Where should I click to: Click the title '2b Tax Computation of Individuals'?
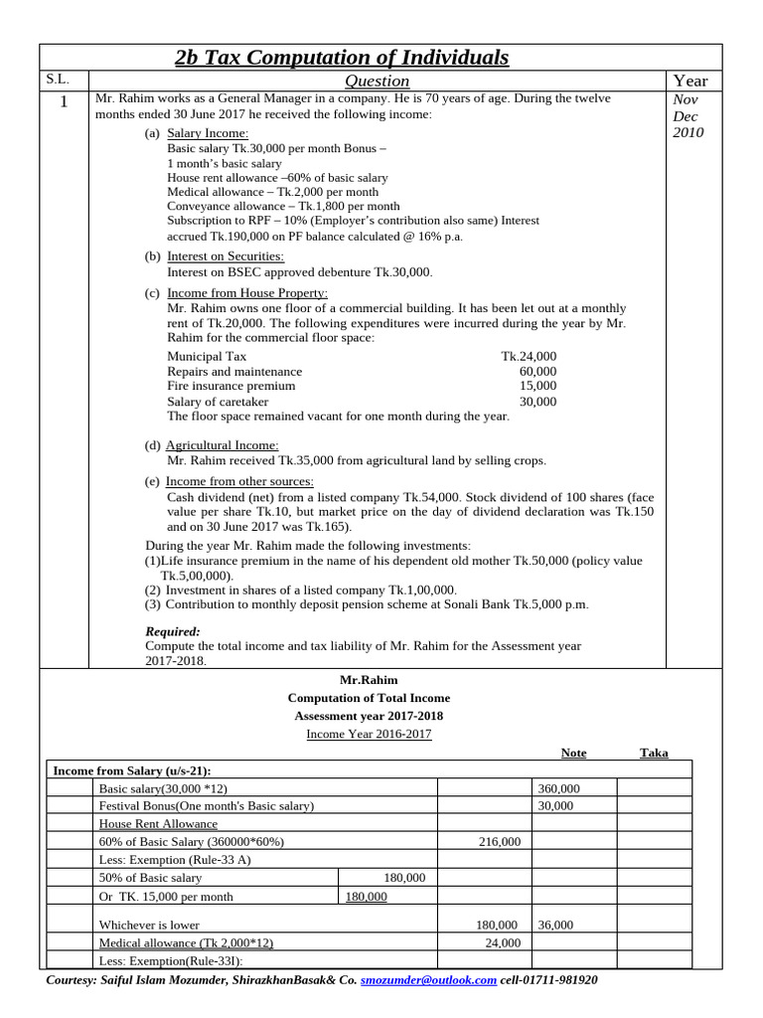click(x=342, y=58)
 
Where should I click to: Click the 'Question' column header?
click(x=377, y=81)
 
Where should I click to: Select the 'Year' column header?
click(x=690, y=81)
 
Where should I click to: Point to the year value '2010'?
click(x=688, y=132)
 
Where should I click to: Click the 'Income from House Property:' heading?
click(x=246, y=293)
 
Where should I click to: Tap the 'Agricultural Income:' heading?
click(x=222, y=445)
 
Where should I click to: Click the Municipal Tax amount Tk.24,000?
click(x=529, y=356)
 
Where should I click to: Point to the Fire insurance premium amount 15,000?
click(x=537, y=386)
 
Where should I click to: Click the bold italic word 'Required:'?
click(x=173, y=631)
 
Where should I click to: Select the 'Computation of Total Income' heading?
click(x=368, y=699)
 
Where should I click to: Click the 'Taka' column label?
click(x=654, y=753)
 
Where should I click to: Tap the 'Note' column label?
click(x=573, y=753)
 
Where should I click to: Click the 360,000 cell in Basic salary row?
click(x=558, y=788)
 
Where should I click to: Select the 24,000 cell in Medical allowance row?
click(x=503, y=942)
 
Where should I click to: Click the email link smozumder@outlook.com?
click(x=428, y=980)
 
